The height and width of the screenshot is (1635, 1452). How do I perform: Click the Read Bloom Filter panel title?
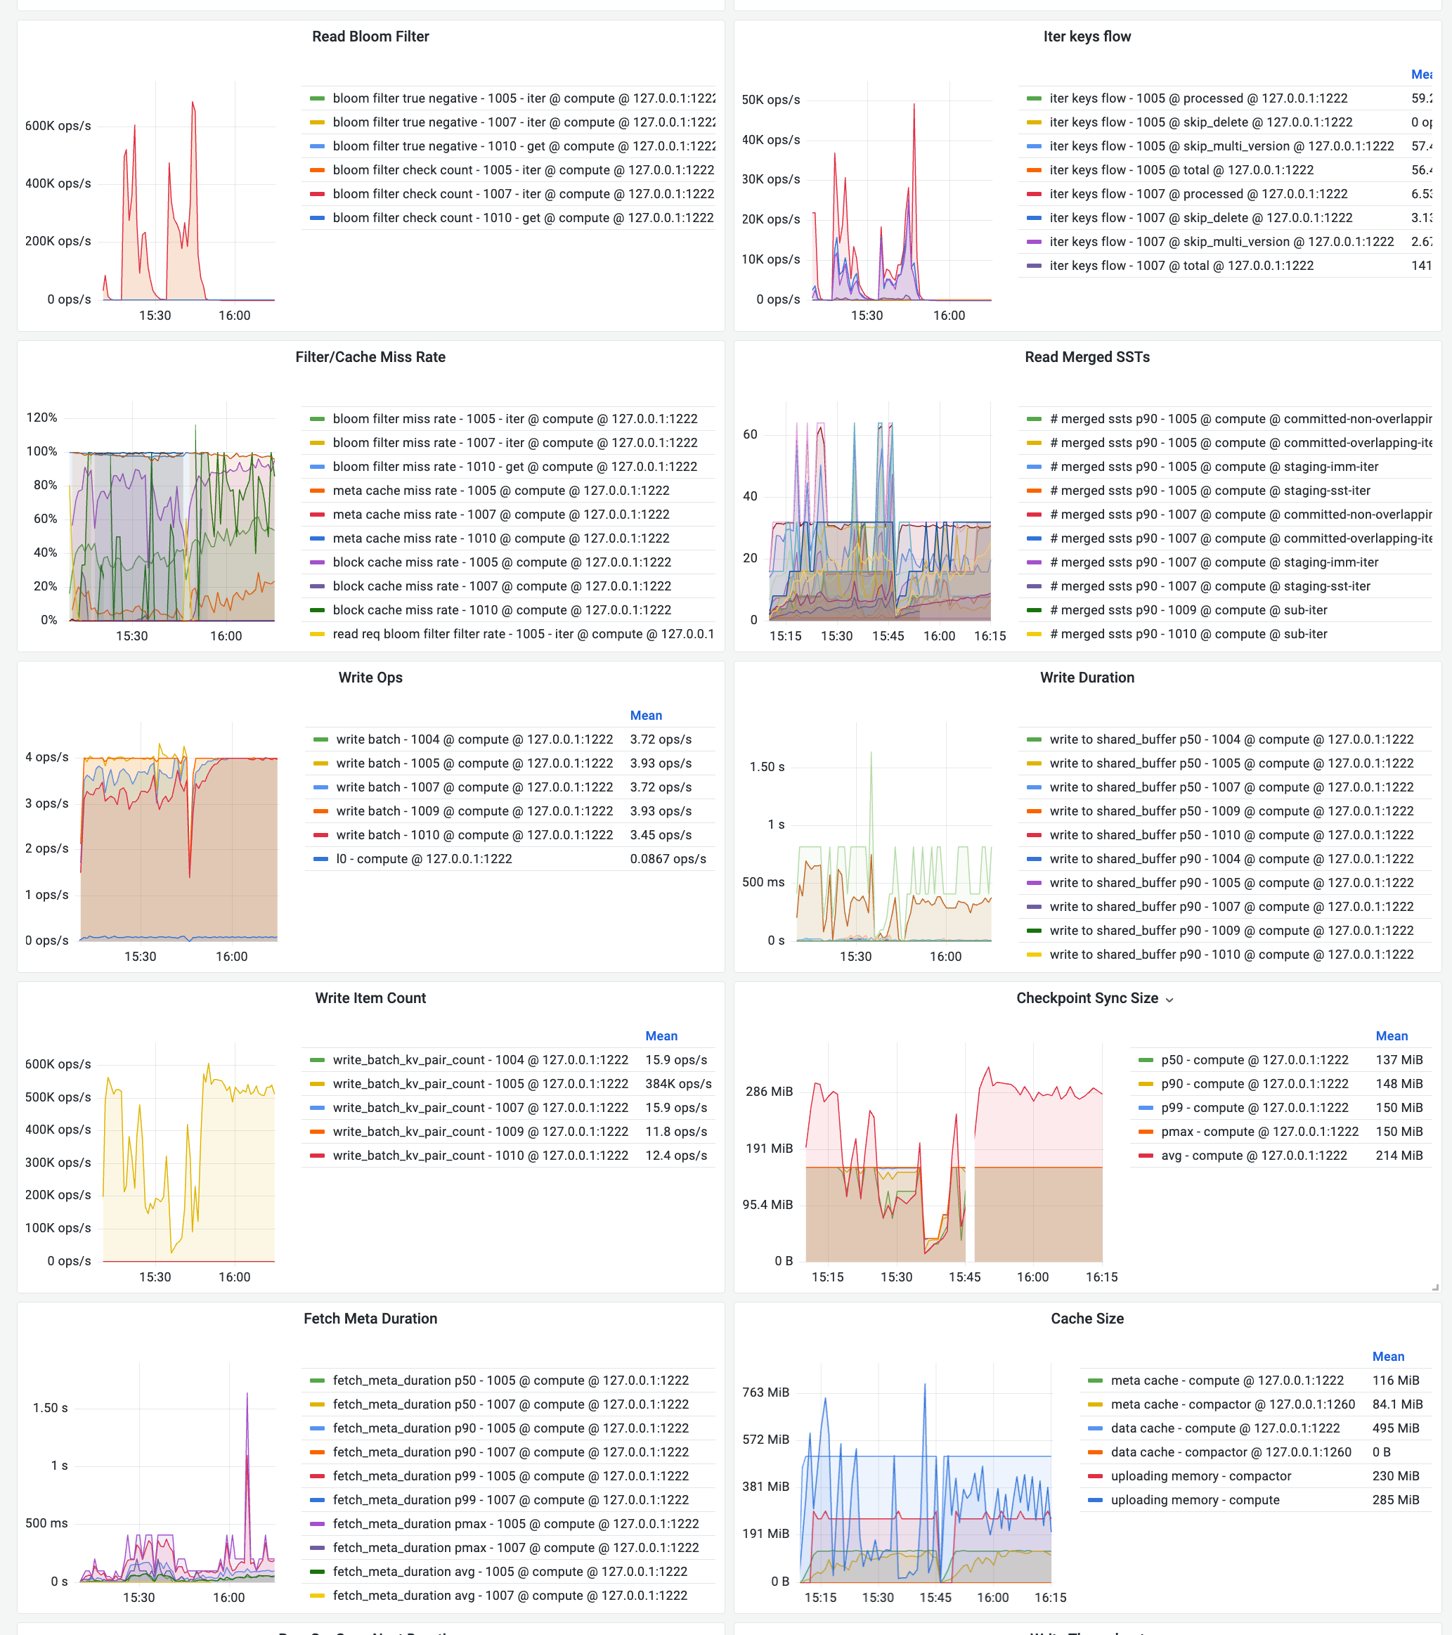click(370, 37)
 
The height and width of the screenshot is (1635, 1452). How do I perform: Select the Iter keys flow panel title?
click(1087, 37)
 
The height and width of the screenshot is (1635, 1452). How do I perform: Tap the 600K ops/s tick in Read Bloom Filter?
click(58, 126)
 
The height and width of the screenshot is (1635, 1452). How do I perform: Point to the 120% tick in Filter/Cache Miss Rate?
click(41, 418)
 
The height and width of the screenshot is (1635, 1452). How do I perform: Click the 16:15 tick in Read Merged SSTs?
click(990, 636)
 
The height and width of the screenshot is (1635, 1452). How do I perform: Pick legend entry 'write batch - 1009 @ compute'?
click(474, 811)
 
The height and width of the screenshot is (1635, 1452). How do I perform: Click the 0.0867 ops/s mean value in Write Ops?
click(668, 859)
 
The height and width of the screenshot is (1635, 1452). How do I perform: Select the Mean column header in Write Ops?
click(646, 715)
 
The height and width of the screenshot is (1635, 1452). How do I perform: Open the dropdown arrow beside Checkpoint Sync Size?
click(1169, 1000)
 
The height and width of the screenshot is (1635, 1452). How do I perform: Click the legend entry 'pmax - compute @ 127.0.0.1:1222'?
click(1259, 1132)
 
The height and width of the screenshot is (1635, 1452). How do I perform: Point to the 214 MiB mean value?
click(1399, 1156)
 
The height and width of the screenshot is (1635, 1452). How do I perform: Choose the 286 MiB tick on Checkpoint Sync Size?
click(769, 1091)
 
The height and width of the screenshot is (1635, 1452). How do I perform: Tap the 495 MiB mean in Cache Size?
click(1395, 1428)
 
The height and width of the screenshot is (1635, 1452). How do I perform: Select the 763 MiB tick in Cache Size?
click(765, 1392)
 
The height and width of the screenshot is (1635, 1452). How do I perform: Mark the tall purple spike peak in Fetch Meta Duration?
click(247, 1394)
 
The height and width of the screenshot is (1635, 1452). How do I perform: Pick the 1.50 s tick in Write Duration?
click(767, 766)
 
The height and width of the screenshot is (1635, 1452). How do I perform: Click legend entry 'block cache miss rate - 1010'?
click(501, 610)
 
